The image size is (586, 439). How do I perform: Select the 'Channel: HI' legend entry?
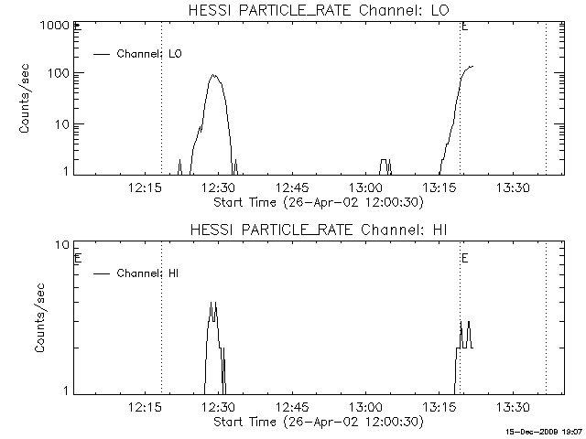[x=150, y=273]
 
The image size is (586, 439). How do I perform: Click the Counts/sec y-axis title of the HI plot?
[x=39, y=318]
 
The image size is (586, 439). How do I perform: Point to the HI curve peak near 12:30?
[x=213, y=303]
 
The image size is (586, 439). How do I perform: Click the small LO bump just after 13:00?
[x=385, y=160]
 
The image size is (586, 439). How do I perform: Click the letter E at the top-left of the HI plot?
[x=78, y=258]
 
